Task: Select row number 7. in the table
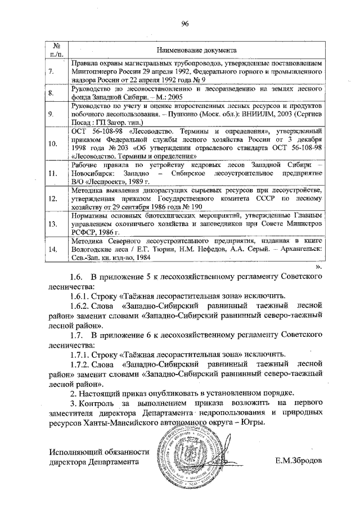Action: point(52,72)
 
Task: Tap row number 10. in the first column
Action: point(52,143)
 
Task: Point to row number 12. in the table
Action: point(52,199)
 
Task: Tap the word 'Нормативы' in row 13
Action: point(91,215)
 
